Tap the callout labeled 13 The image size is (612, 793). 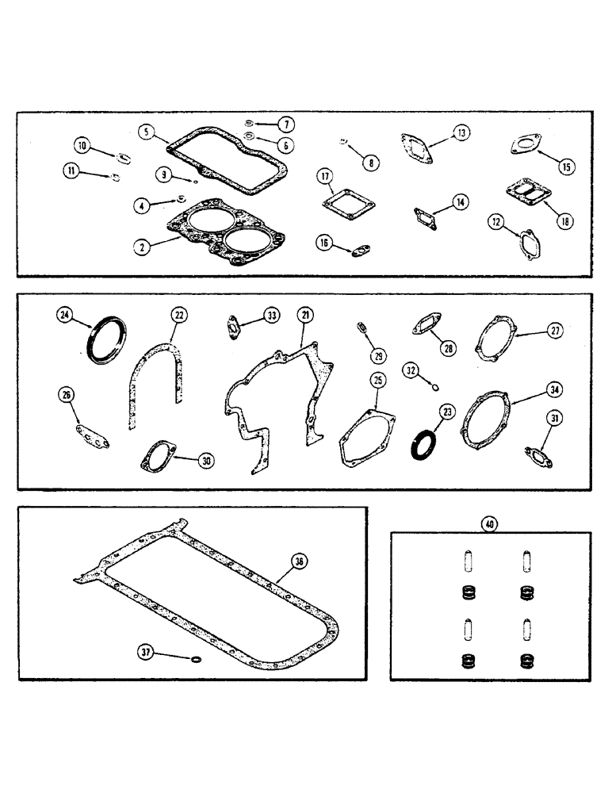point(461,132)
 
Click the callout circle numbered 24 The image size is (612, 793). point(65,316)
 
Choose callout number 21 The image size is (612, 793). point(303,315)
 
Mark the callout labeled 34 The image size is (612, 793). point(553,389)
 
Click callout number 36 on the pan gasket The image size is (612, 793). point(298,561)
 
